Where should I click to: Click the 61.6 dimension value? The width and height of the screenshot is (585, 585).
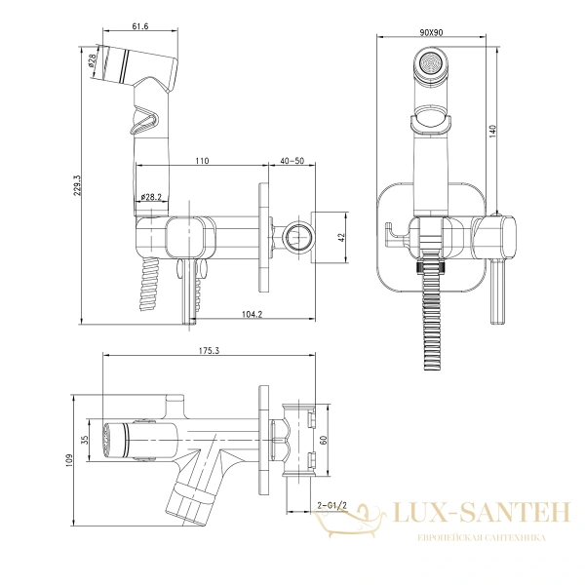tap(140, 26)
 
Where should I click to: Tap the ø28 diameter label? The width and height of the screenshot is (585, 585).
tap(93, 59)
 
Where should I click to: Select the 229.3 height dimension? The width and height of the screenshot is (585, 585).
tap(77, 184)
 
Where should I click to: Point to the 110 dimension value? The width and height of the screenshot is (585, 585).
tap(202, 161)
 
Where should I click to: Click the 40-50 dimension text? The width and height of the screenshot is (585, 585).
tap(292, 161)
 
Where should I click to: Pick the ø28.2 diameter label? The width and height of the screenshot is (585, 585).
tap(151, 197)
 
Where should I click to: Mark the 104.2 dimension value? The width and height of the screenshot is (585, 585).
tap(253, 315)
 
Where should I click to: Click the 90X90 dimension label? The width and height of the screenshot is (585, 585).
tap(431, 32)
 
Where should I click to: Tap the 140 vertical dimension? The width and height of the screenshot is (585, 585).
tap(492, 132)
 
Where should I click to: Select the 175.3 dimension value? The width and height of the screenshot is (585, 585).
tap(210, 350)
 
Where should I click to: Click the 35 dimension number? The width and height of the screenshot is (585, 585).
tap(84, 440)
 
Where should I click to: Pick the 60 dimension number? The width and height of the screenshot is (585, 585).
tap(324, 441)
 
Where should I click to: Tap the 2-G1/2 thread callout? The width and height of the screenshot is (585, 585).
tap(331, 505)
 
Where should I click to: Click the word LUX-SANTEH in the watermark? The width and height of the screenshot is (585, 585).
tap(482, 513)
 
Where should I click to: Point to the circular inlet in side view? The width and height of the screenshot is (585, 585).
tap(297, 238)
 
